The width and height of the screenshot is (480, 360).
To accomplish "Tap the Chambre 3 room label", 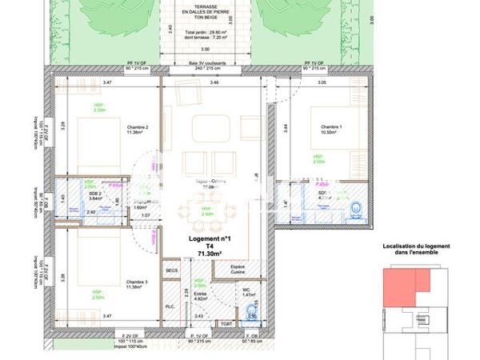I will [138, 282].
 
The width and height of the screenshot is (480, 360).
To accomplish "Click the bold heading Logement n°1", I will [210, 239].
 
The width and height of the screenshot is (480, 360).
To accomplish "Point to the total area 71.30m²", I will [210, 254].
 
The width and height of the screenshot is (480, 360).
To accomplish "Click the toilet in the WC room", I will [253, 311].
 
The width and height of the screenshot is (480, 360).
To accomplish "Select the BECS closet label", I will [171, 271].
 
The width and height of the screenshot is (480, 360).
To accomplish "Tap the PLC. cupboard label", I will [170, 306].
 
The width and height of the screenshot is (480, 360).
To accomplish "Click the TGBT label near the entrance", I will [227, 324].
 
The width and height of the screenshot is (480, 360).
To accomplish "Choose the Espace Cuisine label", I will [238, 269].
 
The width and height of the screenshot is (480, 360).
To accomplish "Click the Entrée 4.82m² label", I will [200, 296].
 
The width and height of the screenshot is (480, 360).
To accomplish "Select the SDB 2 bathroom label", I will [94, 194].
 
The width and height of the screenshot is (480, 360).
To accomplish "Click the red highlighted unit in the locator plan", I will [405, 286].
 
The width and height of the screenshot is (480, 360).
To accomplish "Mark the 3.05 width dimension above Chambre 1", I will [322, 82].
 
